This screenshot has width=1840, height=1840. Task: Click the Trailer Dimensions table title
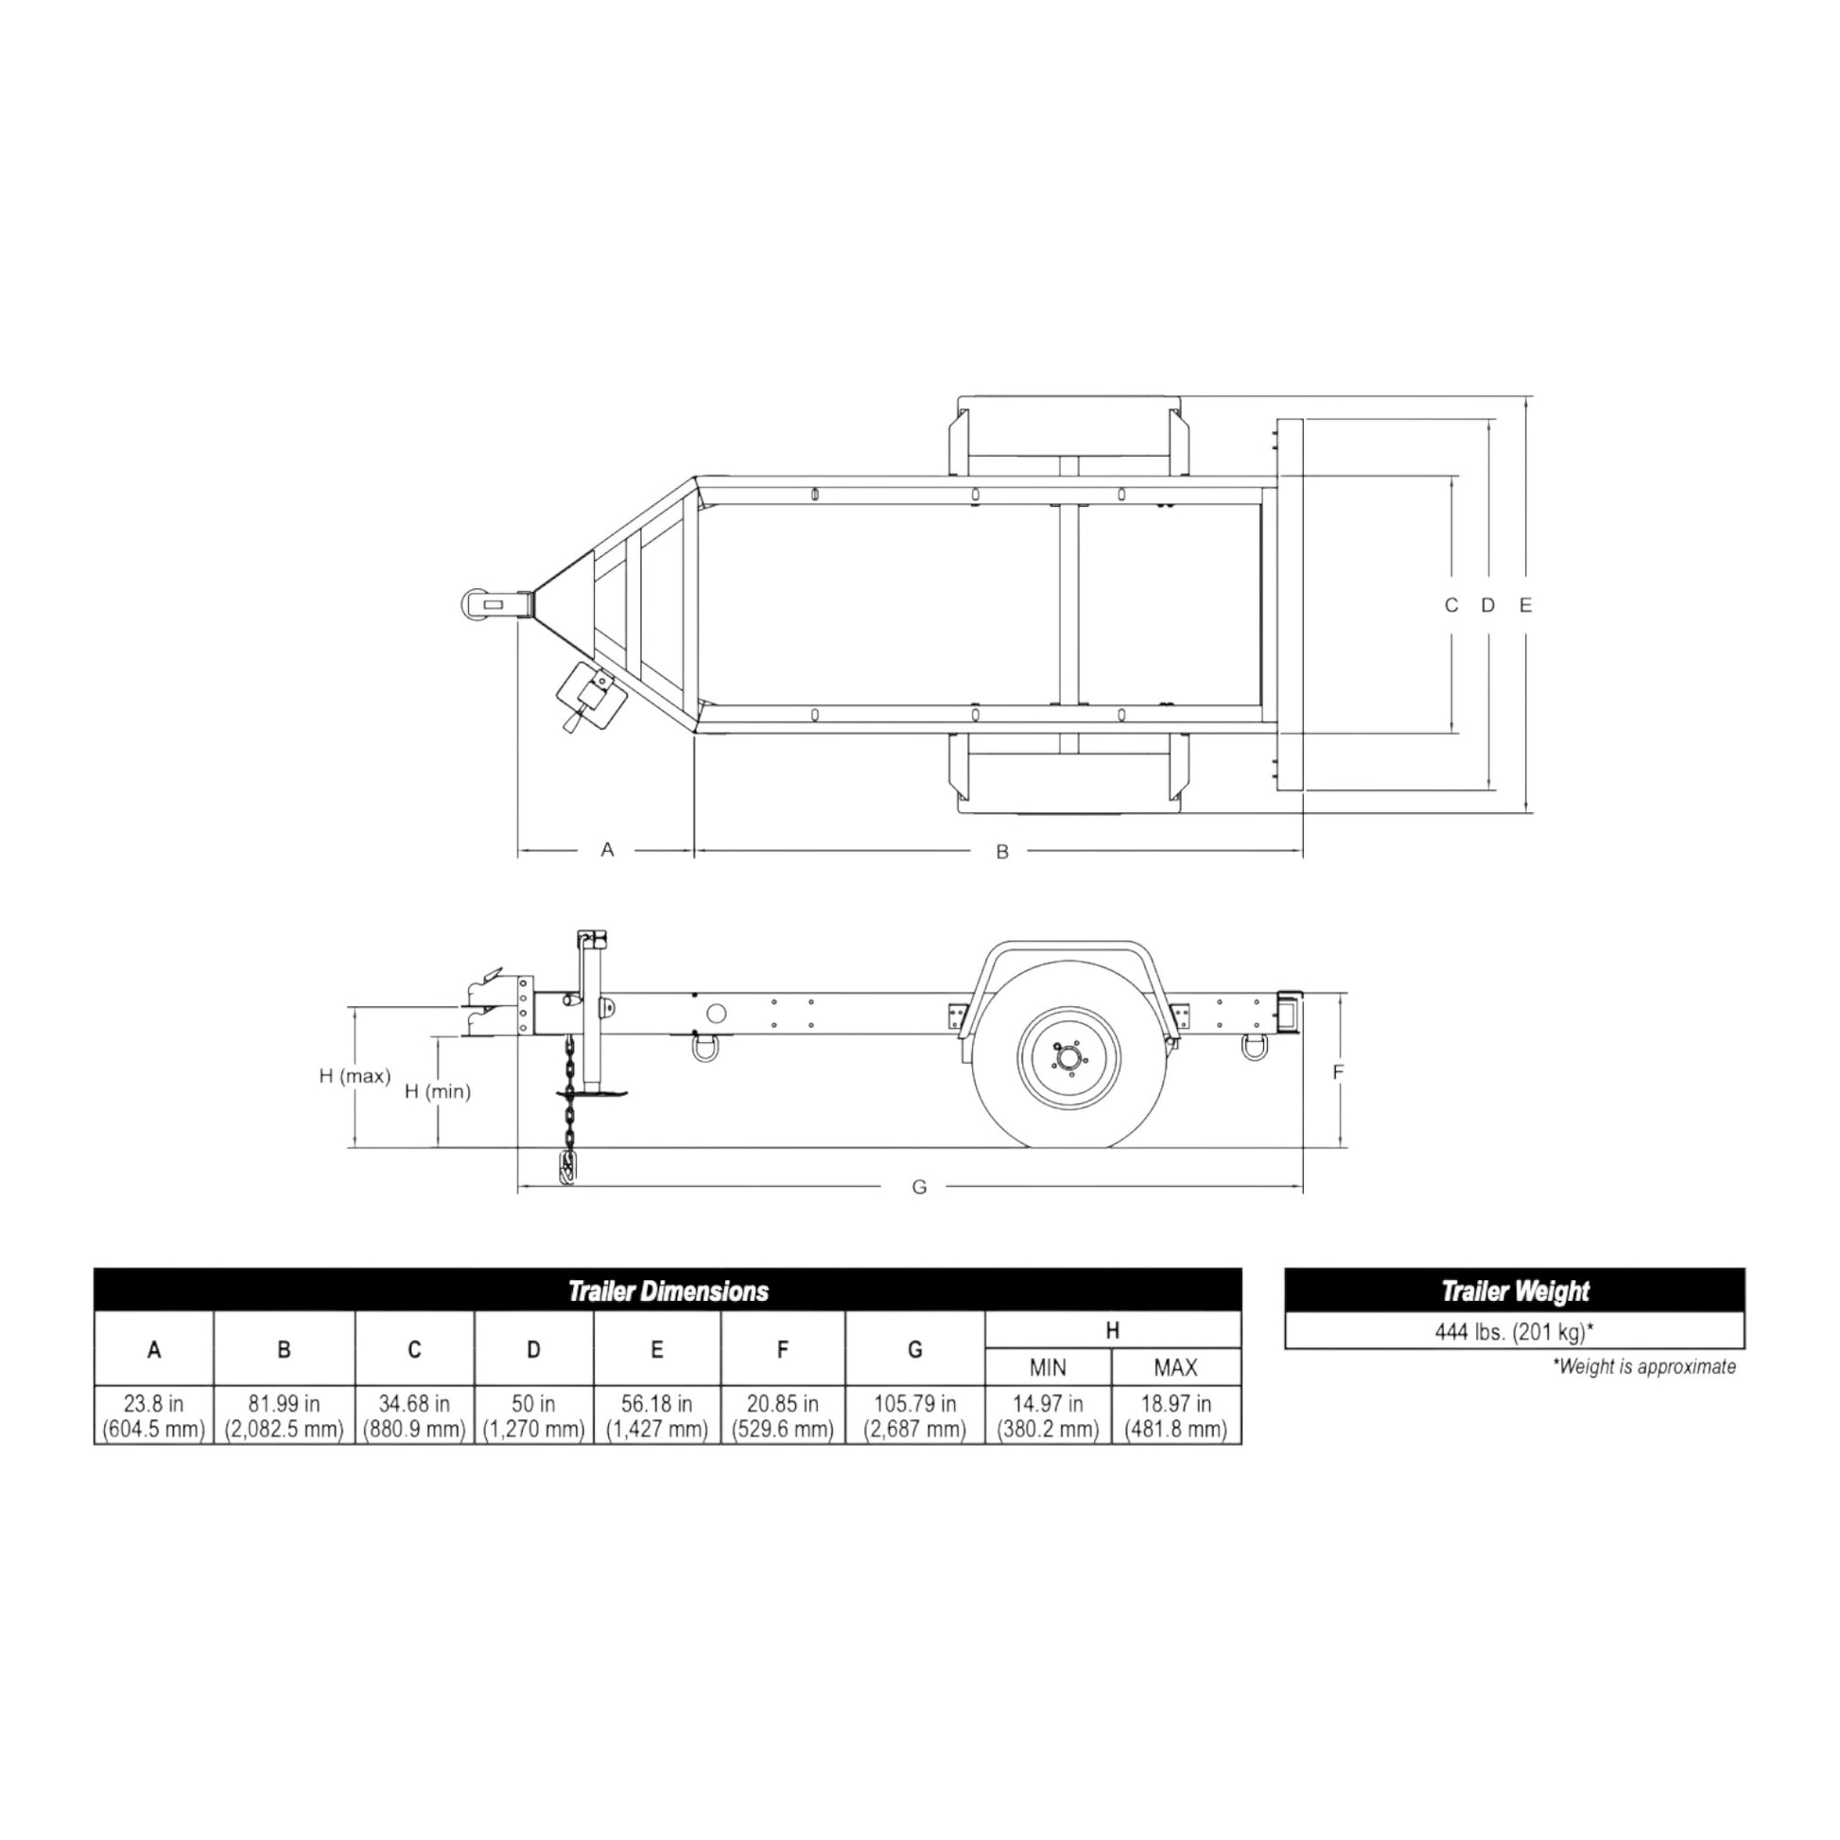click(x=668, y=1292)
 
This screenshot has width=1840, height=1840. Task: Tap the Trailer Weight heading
click(x=1515, y=1292)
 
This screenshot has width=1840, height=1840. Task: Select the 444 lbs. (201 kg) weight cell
click(x=1515, y=1331)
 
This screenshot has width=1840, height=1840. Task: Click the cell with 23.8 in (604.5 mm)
click(x=153, y=1416)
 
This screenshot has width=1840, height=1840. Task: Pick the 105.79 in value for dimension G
click(x=914, y=1416)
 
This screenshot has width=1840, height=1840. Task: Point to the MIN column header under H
click(x=1048, y=1367)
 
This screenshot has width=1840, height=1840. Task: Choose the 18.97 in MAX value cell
click(x=1175, y=1416)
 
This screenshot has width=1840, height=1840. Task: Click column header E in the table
click(x=656, y=1349)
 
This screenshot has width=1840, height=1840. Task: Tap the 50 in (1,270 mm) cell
click(x=533, y=1416)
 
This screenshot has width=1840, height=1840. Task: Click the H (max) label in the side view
click(x=355, y=1076)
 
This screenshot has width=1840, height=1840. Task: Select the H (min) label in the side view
click(x=438, y=1091)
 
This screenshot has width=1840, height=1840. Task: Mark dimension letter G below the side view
click(x=919, y=1188)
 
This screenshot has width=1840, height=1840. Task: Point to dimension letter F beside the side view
click(x=1338, y=1072)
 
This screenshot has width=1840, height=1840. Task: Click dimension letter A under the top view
click(x=608, y=849)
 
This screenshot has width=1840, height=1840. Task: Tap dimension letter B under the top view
click(x=1002, y=852)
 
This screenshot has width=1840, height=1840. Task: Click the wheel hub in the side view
click(x=1068, y=1057)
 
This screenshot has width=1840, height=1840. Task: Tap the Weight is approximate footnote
click(x=1644, y=1366)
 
